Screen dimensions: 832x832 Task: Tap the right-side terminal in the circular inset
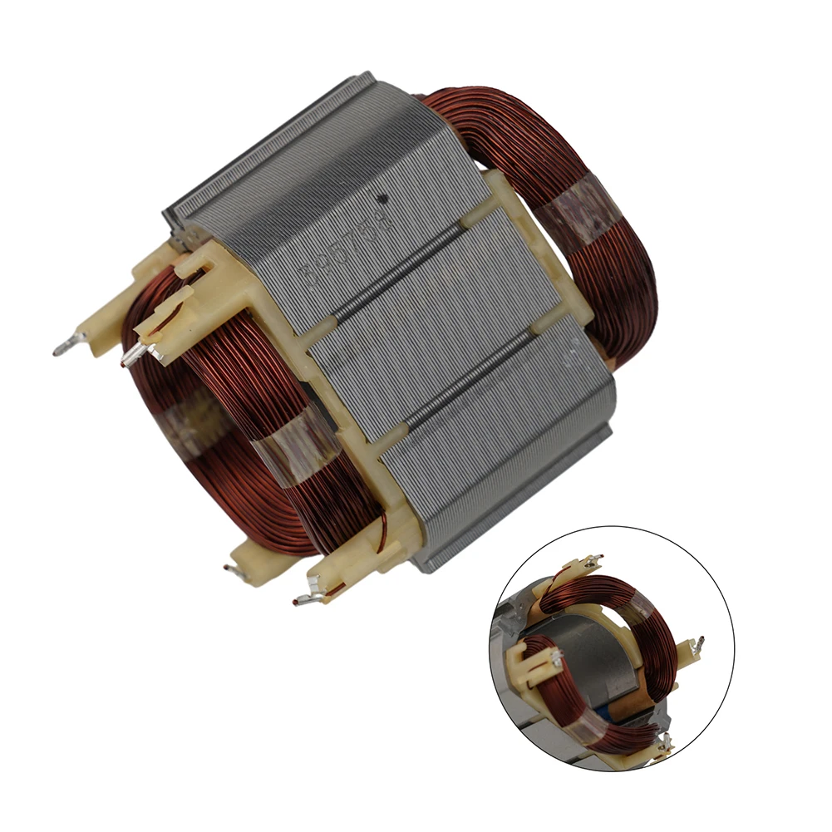[700, 644]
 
